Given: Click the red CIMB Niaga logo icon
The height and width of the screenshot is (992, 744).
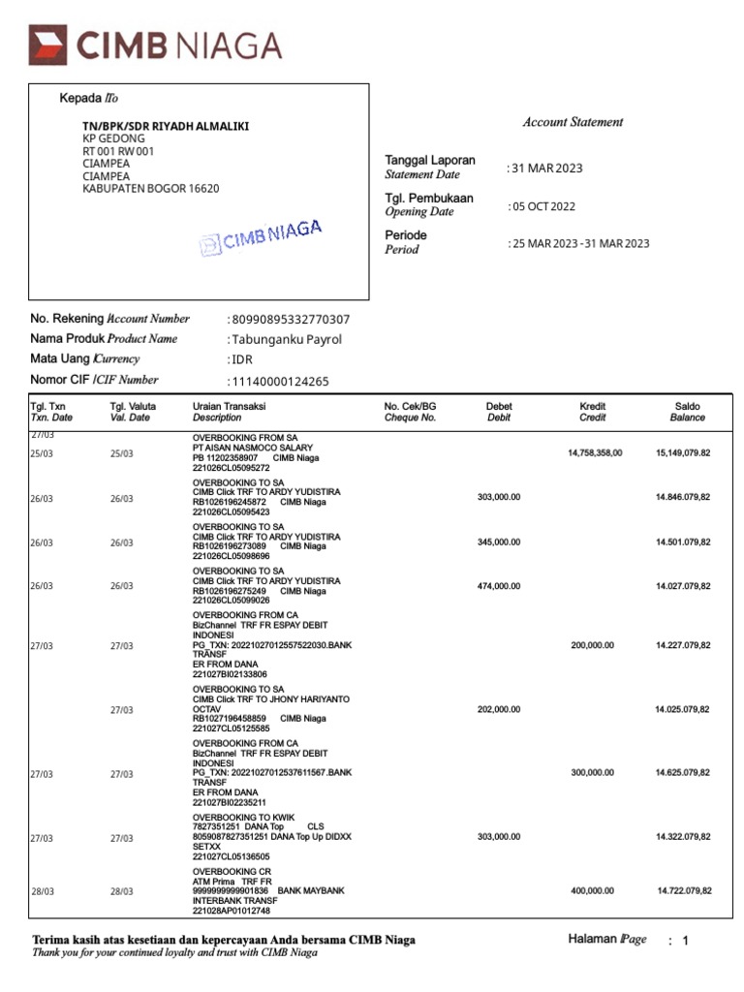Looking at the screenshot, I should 46,46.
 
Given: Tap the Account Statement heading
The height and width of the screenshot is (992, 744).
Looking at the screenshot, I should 573,122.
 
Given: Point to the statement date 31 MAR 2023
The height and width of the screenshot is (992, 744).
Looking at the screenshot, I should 546,169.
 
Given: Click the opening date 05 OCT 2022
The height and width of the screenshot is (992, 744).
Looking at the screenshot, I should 543,206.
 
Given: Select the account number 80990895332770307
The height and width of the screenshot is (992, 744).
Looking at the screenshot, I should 291,320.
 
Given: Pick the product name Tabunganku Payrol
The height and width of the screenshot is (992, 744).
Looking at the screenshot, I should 286,340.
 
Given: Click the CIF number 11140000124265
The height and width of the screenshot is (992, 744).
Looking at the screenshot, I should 280,382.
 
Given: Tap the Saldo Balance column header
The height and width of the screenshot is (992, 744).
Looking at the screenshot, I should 687,412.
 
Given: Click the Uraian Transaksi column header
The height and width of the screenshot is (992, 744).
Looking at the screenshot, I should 229,412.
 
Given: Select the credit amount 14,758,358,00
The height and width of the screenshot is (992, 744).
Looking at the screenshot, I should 595,452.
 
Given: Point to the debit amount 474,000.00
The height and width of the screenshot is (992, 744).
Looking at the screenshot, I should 499,586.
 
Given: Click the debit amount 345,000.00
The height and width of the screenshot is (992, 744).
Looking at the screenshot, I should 499,542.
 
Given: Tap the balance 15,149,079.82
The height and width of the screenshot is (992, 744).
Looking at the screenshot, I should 683,452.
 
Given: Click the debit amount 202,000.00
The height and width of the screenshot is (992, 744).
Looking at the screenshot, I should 499,709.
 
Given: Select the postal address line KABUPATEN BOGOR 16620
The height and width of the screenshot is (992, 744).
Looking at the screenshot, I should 150,189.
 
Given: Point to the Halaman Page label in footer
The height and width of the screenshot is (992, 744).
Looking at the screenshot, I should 606,939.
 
